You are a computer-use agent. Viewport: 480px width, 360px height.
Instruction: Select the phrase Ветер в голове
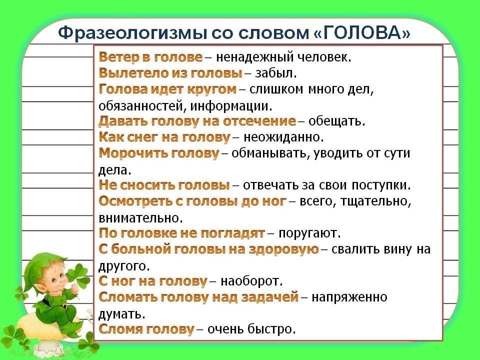tap(150, 57)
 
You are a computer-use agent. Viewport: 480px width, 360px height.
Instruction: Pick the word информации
tap(231, 106)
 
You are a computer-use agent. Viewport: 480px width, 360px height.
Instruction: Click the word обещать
tap(336, 121)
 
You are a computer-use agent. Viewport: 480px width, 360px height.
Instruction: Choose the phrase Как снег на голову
tap(164, 137)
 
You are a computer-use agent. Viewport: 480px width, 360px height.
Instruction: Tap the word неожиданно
tap(283, 137)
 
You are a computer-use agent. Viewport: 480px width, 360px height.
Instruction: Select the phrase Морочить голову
tap(159, 153)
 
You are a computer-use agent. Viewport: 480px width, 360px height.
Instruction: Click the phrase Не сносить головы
tap(164, 185)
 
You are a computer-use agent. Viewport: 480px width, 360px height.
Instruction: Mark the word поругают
tap(309, 233)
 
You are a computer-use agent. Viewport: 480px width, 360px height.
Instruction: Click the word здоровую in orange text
tap(283, 249)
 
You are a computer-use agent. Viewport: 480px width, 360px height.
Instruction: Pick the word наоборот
tap(251, 280)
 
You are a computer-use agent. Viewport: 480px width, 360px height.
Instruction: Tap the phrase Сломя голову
tap(146, 329)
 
